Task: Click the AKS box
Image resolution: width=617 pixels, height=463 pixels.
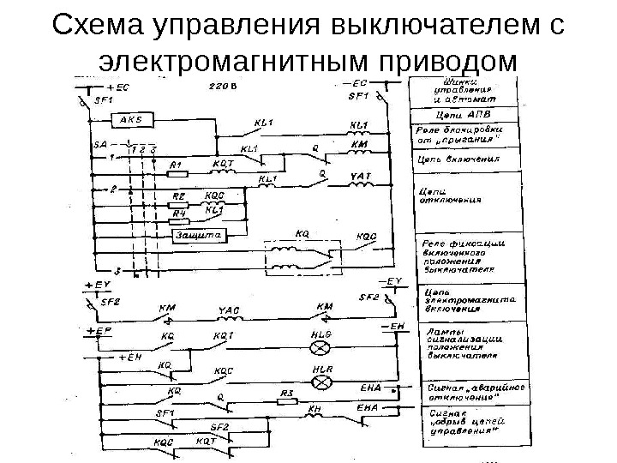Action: [x=131, y=119]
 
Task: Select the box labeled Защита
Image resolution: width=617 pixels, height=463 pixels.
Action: [x=199, y=233]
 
